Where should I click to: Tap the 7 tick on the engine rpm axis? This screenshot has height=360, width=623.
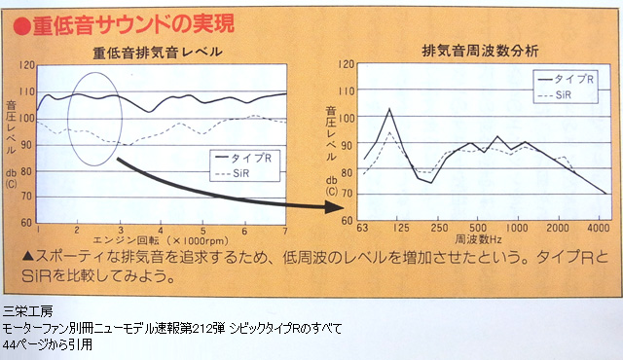tap(285, 231)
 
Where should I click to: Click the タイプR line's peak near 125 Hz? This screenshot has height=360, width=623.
tap(389, 109)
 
